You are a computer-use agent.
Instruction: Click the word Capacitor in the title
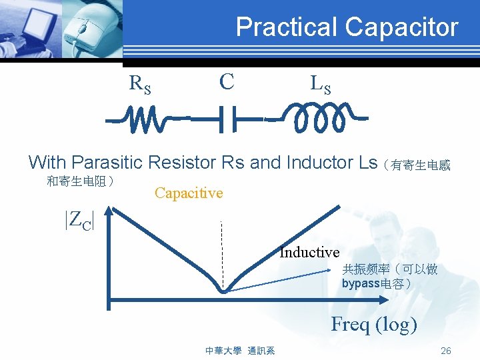click(402, 27)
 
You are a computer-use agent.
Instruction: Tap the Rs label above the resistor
click(140, 85)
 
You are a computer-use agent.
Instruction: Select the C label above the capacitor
click(227, 82)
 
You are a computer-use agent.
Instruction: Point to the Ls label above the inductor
click(320, 85)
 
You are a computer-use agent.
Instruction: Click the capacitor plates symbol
click(227, 120)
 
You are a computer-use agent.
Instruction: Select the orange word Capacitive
click(189, 193)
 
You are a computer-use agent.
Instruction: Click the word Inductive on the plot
click(309, 252)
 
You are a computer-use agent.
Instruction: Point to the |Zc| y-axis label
click(79, 219)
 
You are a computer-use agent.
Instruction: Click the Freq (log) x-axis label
click(374, 325)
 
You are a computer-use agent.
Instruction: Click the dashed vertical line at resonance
click(222, 253)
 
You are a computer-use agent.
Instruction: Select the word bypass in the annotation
click(359, 283)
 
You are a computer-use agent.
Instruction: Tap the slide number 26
click(446, 351)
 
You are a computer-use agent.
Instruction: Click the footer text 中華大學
click(223, 351)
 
